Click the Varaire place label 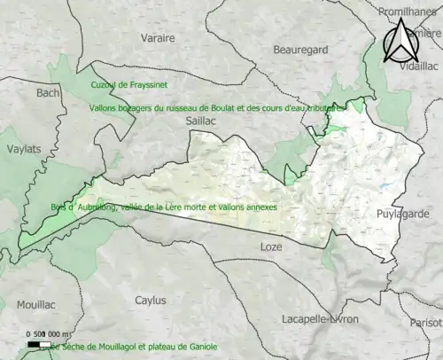click(x=159, y=38)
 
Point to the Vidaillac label click(x=420, y=67)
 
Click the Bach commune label click(x=47, y=91)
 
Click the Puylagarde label click(x=403, y=214)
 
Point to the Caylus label click(x=150, y=300)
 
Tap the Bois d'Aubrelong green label click(x=164, y=207)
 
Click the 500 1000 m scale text click(x=52, y=335)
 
